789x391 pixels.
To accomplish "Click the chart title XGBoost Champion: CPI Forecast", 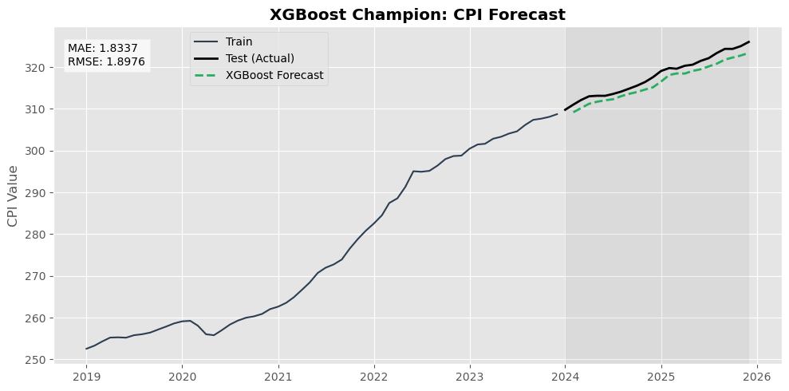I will click(x=417, y=14).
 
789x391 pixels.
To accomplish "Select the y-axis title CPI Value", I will click(x=13, y=195).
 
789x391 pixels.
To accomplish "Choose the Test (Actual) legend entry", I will click(x=259, y=58).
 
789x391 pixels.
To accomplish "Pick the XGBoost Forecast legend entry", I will click(x=274, y=75).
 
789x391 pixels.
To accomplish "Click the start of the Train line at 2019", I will click(x=86, y=349).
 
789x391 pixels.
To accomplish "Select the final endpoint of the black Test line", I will click(x=749, y=41).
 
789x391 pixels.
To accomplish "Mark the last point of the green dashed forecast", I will click(x=747, y=53).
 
